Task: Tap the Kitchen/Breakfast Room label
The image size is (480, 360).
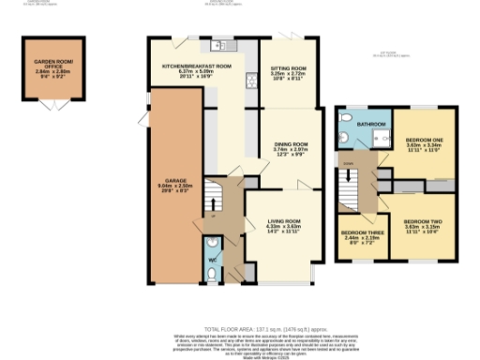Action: click(197, 67)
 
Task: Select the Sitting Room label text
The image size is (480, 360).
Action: click(290, 67)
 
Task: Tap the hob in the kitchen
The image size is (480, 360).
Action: click(251, 81)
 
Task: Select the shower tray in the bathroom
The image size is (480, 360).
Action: click(380, 138)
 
